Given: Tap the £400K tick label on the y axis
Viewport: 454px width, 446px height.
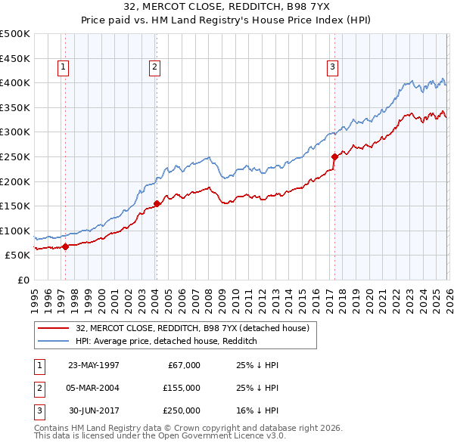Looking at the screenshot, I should (x=16, y=82).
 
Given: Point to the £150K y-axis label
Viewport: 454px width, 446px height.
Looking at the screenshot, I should (x=16, y=206).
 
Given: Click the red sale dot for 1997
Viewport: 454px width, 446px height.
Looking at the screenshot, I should (x=66, y=246).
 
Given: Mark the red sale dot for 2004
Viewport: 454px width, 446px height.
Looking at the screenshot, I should (x=157, y=203).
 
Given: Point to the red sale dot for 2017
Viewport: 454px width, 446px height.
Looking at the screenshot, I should (x=334, y=156).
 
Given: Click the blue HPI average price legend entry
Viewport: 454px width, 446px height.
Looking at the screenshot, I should (x=166, y=342).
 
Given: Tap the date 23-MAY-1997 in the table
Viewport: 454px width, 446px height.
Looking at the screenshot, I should (x=94, y=365).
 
